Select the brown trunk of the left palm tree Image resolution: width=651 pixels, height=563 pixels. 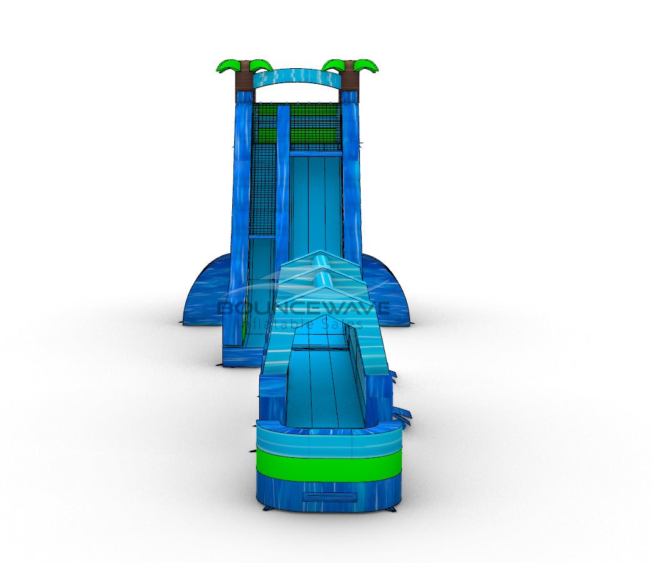tap(245, 81)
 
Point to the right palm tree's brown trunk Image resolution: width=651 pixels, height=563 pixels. tap(350, 81)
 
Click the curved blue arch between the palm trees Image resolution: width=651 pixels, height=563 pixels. tap(297, 77)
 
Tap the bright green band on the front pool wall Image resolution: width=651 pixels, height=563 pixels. tap(329, 465)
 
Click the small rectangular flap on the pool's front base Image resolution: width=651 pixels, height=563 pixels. tap(330, 497)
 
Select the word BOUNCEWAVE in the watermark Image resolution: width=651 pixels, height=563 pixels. tap(303, 308)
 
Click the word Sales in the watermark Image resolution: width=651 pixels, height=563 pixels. tap(347, 323)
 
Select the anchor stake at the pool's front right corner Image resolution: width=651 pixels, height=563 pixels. tap(392, 509)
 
